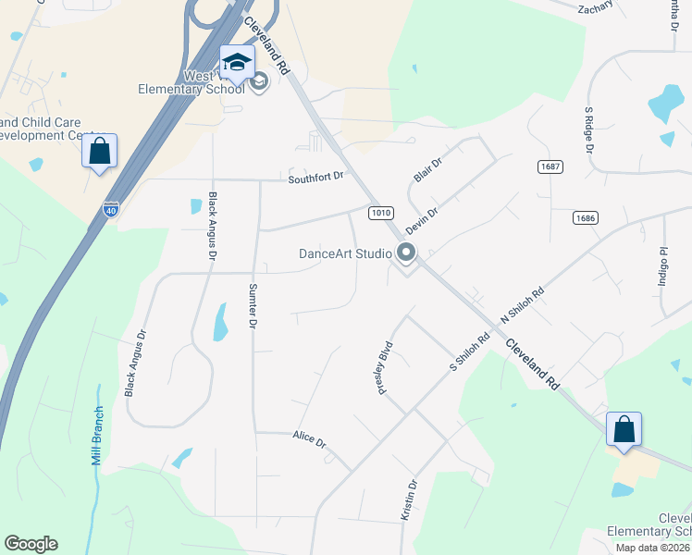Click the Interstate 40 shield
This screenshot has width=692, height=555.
[111, 210]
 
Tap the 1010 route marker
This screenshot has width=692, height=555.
[379, 213]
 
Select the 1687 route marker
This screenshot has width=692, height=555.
[550, 166]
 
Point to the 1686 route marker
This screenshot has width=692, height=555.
[584, 218]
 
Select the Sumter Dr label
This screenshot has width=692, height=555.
[252, 306]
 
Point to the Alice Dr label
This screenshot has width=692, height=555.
[309, 439]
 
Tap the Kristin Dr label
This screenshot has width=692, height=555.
[408, 499]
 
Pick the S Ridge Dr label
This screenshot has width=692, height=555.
[588, 129]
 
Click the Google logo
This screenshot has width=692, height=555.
[31, 544]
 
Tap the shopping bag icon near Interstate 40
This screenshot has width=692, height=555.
[100, 151]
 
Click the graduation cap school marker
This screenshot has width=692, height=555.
[237, 61]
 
